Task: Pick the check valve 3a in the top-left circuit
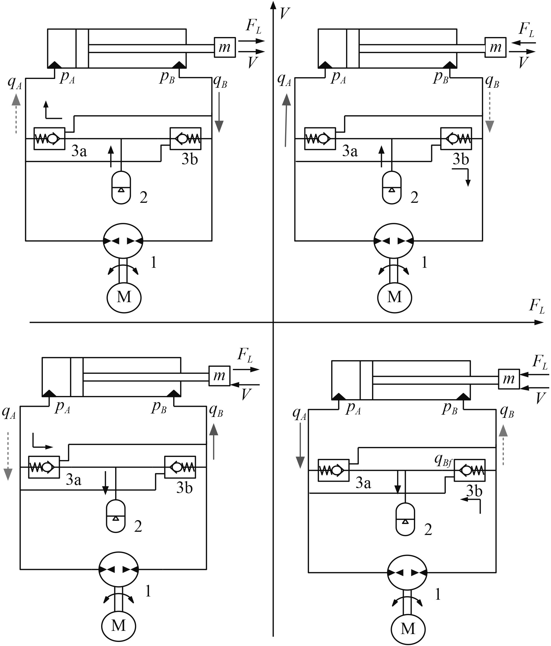[x=49, y=138]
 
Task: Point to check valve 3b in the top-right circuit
[x=456, y=138]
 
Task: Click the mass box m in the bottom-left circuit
[x=219, y=376]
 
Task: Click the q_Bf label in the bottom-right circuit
[x=443, y=460]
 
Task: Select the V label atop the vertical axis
[x=285, y=13]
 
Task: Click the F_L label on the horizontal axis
[x=537, y=306]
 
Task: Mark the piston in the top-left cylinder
[x=82, y=48]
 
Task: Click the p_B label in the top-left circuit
[x=167, y=77]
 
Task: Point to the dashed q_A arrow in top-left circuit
[x=16, y=114]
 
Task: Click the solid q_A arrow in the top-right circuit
[x=286, y=121]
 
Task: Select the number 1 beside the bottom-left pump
[x=148, y=591]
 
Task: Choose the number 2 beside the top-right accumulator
[x=414, y=197]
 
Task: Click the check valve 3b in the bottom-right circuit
[x=470, y=470]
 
